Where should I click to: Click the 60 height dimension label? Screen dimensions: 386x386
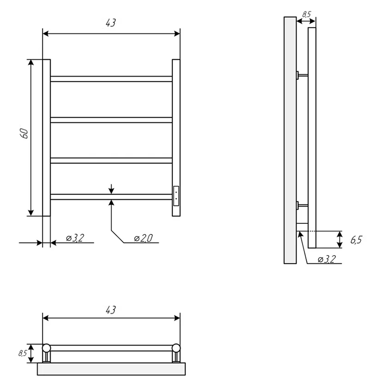[25, 134]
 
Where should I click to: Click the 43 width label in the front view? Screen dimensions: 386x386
[111, 23]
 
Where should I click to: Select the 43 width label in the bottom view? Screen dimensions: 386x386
[111, 310]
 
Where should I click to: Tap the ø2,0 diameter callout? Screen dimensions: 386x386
[143, 238]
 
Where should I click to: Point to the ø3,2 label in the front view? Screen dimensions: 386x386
[75, 238]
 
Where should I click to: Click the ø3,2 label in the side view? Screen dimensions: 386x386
[327, 259]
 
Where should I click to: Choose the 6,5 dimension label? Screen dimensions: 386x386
[356, 239]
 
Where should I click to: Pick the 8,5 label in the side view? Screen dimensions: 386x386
[306, 14]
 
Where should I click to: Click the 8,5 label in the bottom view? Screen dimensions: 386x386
[23, 353]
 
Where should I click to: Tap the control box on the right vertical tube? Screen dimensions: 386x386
[176, 196]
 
